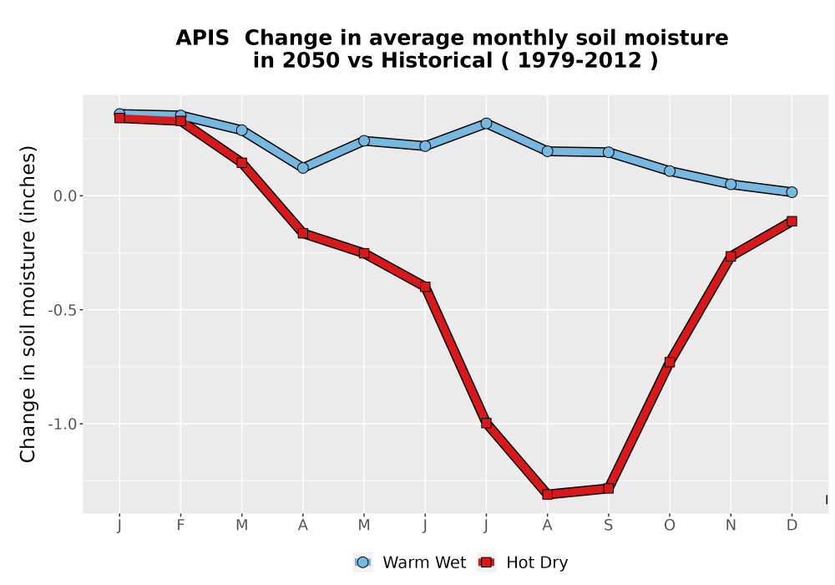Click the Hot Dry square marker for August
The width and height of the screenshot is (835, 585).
[548, 494]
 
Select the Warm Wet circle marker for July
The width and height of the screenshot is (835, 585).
[486, 124]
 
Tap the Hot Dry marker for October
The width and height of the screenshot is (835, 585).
[670, 363]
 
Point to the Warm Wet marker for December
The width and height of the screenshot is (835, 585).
[792, 192]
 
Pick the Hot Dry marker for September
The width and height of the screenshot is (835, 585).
[609, 488]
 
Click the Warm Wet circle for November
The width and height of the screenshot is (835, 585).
[731, 185]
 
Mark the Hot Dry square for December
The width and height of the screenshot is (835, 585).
[792, 221]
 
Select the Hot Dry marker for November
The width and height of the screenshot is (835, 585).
[731, 257]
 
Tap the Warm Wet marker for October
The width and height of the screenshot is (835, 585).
[670, 171]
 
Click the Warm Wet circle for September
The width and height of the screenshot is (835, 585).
[609, 152]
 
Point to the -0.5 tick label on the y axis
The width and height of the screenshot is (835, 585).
[61, 310]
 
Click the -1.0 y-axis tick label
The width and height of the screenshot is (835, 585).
[61, 424]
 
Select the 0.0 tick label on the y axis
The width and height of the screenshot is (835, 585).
[64, 196]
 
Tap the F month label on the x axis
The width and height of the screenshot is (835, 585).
[180, 526]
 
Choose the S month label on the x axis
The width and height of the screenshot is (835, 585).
[609, 526]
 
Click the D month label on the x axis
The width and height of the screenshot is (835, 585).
[792, 526]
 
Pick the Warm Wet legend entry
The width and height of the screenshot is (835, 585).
[409, 562]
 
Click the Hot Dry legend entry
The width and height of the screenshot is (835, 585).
[523, 562]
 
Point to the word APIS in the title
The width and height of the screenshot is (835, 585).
[202, 38]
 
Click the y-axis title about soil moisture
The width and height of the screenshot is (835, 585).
[28, 304]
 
